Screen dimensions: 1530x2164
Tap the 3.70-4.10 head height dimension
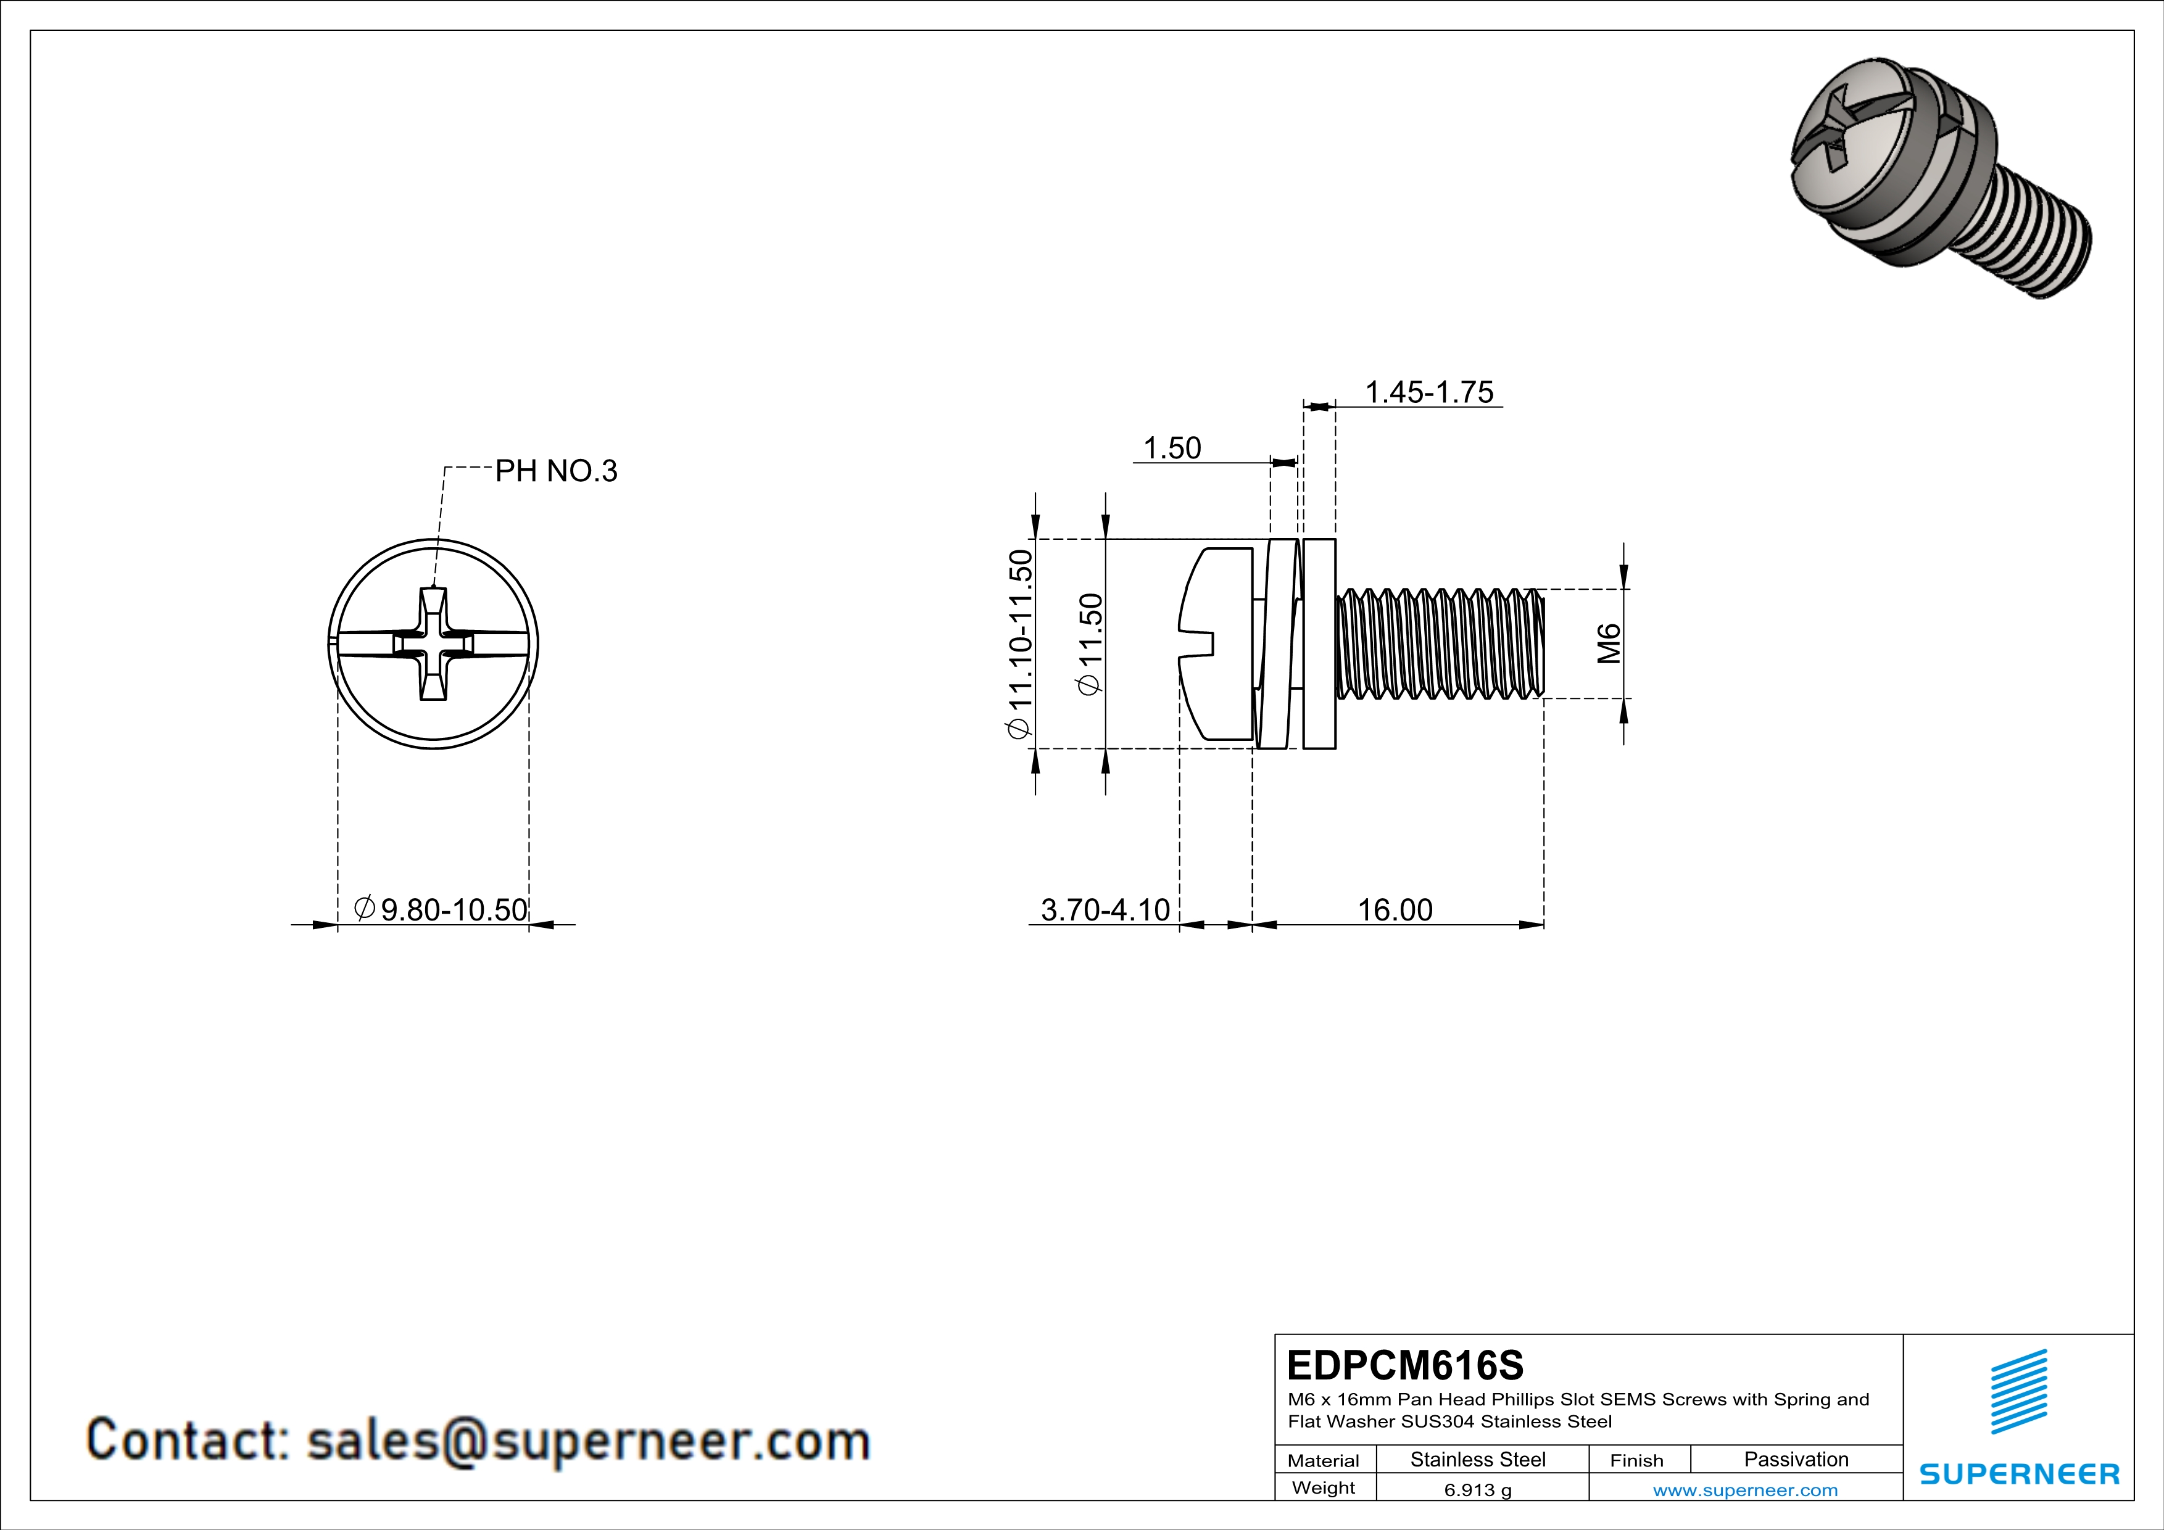pyautogui.click(x=1105, y=909)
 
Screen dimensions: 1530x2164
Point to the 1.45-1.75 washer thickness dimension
pyautogui.click(x=1429, y=392)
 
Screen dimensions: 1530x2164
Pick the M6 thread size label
pyautogui.click(x=1609, y=643)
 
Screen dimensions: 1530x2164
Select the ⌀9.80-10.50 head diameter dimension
pyautogui.click(x=441, y=909)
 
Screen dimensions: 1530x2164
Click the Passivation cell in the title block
pyautogui.click(x=1796, y=1459)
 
